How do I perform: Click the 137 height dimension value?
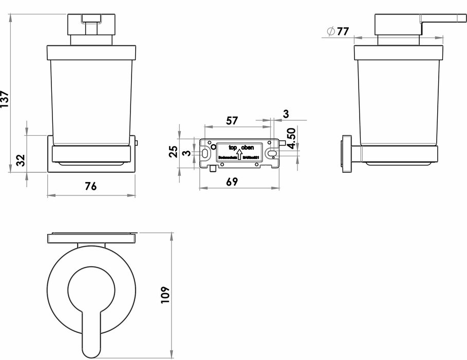click(5, 99)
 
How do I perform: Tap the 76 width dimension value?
click(90, 187)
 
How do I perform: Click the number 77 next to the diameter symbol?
click(343, 31)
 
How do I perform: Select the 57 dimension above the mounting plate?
click(232, 120)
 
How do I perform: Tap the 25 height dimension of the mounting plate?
click(174, 151)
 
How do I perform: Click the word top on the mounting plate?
click(233, 148)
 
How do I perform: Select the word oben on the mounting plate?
click(248, 148)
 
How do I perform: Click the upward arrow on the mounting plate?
click(239, 153)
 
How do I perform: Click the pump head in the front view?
click(91, 25)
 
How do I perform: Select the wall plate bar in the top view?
click(91, 238)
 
